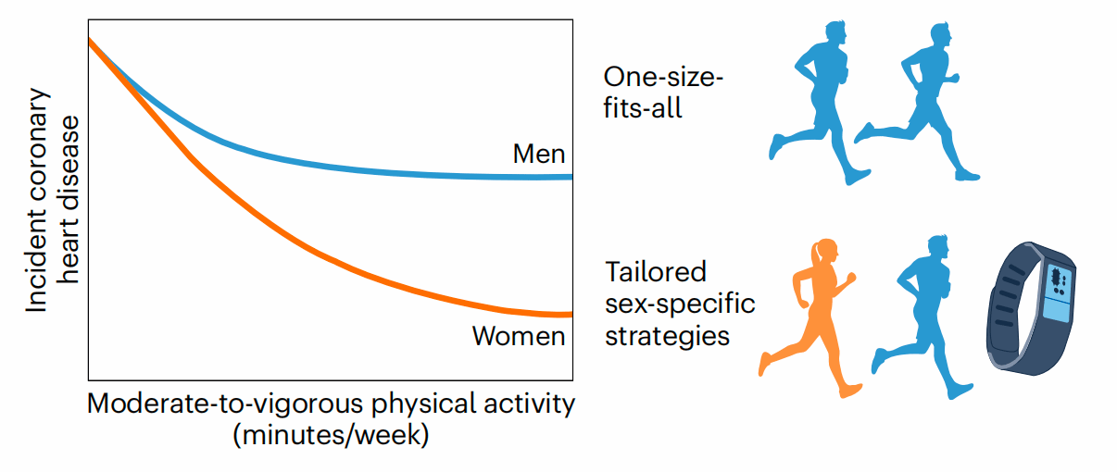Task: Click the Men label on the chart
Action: pyautogui.click(x=539, y=154)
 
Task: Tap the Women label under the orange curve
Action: pyautogui.click(x=519, y=335)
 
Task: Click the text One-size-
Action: pyautogui.click(x=663, y=78)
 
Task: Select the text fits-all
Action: pyautogui.click(x=643, y=108)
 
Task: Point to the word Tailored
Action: pyautogui.click(x=656, y=273)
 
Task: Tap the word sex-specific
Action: pyautogui.click(x=681, y=304)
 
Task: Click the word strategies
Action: pyautogui.click(x=667, y=334)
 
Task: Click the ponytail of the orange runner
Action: pyautogui.click(x=815, y=253)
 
